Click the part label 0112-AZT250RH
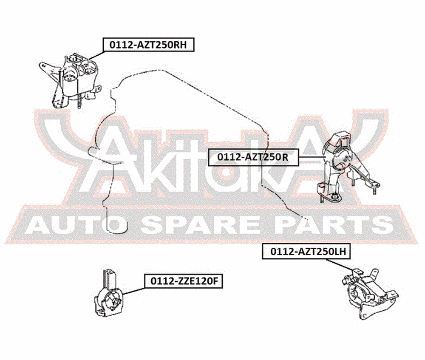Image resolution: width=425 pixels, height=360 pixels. (148, 45)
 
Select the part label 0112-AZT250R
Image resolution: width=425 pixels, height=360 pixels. (253, 157)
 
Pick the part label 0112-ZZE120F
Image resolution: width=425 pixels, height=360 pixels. (184, 281)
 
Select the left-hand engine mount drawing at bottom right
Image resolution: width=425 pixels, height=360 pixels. (368, 293)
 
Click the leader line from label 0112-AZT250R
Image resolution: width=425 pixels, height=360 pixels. (312, 157)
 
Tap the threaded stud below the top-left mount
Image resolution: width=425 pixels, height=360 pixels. (79, 102)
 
